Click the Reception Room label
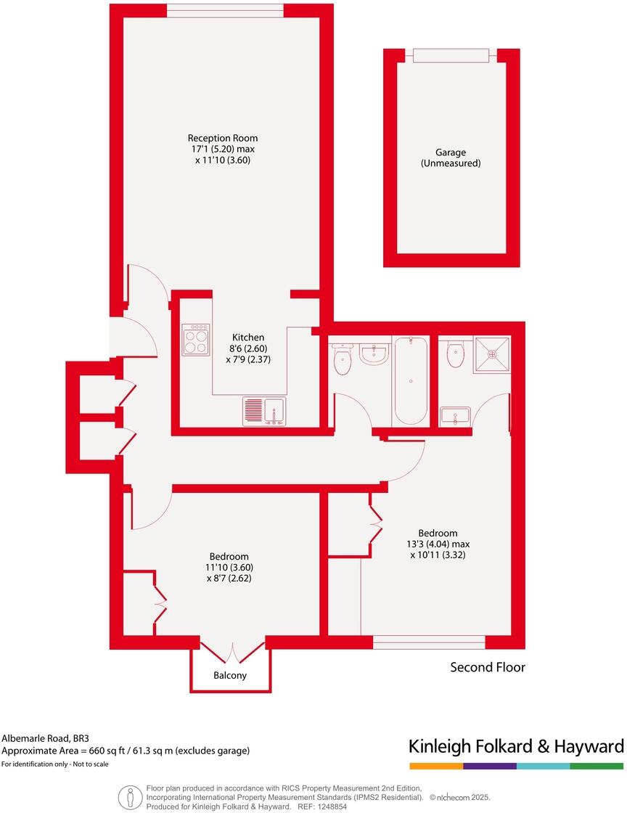(222, 138)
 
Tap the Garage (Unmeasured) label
(451, 158)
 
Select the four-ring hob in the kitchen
(196, 338)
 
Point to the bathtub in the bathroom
(410, 380)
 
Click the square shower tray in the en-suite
(493, 355)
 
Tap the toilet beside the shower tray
(455, 355)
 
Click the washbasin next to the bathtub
(374, 354)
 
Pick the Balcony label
(230, 675)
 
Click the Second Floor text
(488, 667)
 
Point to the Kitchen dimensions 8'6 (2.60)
(248, 348)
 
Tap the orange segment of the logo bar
(435, 766)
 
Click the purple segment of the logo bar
(489, 766)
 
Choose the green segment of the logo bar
(597, 766)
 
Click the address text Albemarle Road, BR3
(43, 738)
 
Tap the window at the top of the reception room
(224, 10)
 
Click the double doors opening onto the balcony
(231, 650)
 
